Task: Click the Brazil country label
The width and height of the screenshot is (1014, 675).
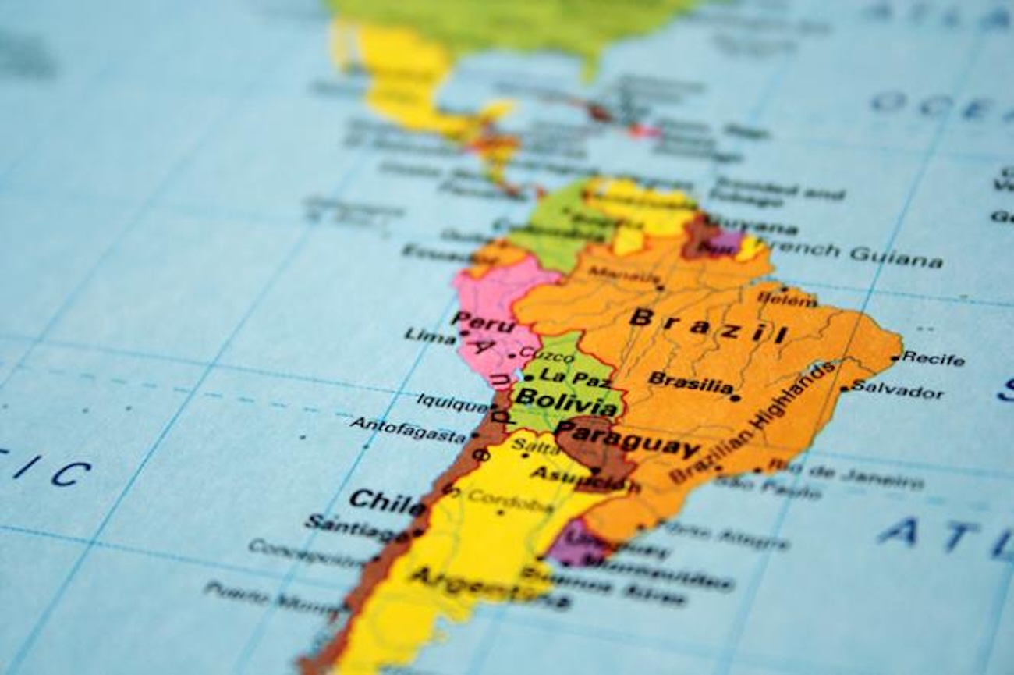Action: [708, 325]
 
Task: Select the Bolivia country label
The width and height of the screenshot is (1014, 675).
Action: [565, 403]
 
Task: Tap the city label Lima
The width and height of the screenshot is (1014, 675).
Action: [430, 336]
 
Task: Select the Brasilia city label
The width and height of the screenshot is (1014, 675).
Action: [690, 382]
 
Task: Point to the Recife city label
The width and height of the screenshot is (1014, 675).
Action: [933, 359]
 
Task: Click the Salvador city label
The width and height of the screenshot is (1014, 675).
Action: [896, 388]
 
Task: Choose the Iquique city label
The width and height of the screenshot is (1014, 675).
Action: [452, 403]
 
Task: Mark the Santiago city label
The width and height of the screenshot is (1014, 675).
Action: [356, 527]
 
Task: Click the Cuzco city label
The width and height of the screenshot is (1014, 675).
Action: [541, 353]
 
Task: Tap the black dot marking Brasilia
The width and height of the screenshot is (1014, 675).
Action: [735, 397]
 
